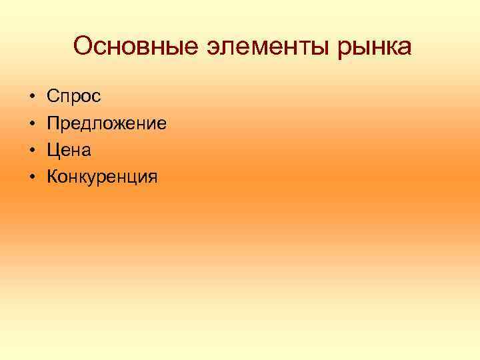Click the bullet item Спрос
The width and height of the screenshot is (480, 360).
[74, 97]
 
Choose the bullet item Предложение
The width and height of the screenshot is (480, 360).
[107, 123]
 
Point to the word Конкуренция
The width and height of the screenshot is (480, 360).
[103, 177]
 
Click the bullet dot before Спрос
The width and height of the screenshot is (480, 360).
[31, 97]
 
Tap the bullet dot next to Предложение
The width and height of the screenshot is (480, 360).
[31, 124]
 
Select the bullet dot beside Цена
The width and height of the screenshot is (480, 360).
[31, 151]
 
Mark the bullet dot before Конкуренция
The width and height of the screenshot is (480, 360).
[31, 177]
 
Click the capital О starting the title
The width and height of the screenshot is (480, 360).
[83, 47]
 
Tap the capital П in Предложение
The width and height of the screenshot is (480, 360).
[54, 123]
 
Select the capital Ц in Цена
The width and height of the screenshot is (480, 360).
[54, 150]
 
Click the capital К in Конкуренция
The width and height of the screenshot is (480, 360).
[53, 177]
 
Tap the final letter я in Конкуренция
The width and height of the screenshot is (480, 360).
[153, 178]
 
